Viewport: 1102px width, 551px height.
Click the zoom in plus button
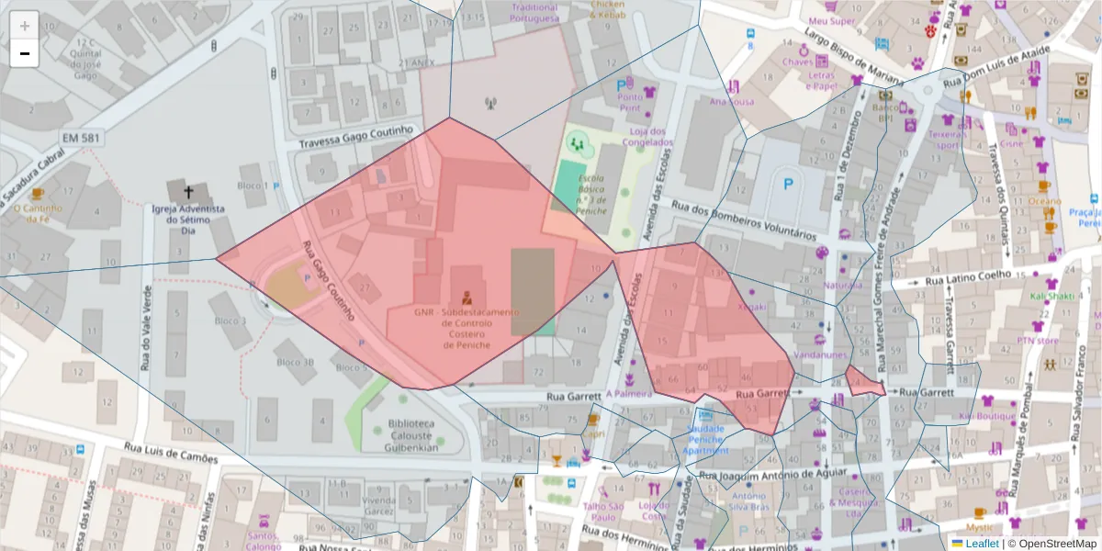pos(25,26)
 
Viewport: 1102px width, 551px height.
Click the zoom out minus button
pos(25,53)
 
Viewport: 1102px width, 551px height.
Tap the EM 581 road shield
pos(81,138)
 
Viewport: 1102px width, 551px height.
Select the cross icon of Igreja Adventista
pos(188,193)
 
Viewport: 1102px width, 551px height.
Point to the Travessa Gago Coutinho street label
pos(356,138)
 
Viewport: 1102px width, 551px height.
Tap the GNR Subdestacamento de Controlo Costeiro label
pos(467,328)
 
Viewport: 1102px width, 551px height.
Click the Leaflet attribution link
pos(981,544)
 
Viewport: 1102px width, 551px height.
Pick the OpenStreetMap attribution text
pos(1052,544)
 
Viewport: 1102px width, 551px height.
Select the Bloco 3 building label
pos(230,321)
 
